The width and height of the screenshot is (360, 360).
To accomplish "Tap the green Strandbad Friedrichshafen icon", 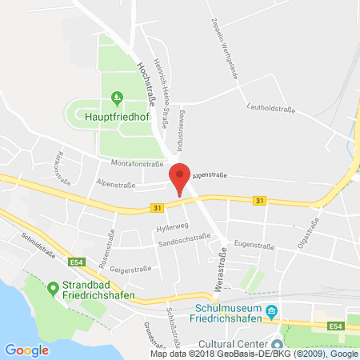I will tap(53, 286).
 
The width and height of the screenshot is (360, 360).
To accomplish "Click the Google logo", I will tap(26, 350).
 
